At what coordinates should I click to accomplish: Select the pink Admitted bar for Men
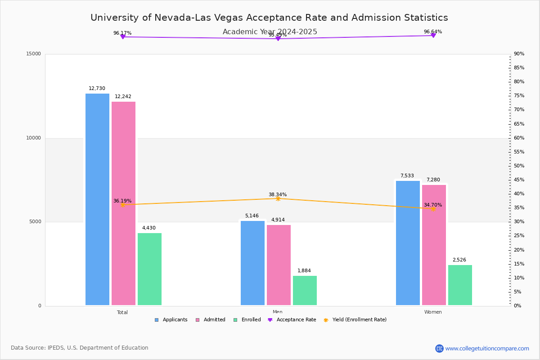(279, 265)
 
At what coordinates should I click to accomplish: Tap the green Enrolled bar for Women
(460, 285)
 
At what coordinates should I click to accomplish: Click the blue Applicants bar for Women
(408, 243)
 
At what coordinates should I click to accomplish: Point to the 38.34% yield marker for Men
(278, 198)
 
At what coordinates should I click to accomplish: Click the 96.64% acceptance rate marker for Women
(433, 35)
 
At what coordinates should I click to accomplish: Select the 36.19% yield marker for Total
(122, 205)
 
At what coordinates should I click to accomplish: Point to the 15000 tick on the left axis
(34, 54)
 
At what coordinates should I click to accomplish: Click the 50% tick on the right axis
(519, 166)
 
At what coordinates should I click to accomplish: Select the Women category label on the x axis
(433, 312)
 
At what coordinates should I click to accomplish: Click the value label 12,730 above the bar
(97, 89)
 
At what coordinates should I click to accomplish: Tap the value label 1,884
(304, 271)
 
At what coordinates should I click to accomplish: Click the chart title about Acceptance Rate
(269, 18)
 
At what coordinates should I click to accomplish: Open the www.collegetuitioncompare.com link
(487, 348)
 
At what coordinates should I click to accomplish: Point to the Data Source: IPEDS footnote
(80, 348)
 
